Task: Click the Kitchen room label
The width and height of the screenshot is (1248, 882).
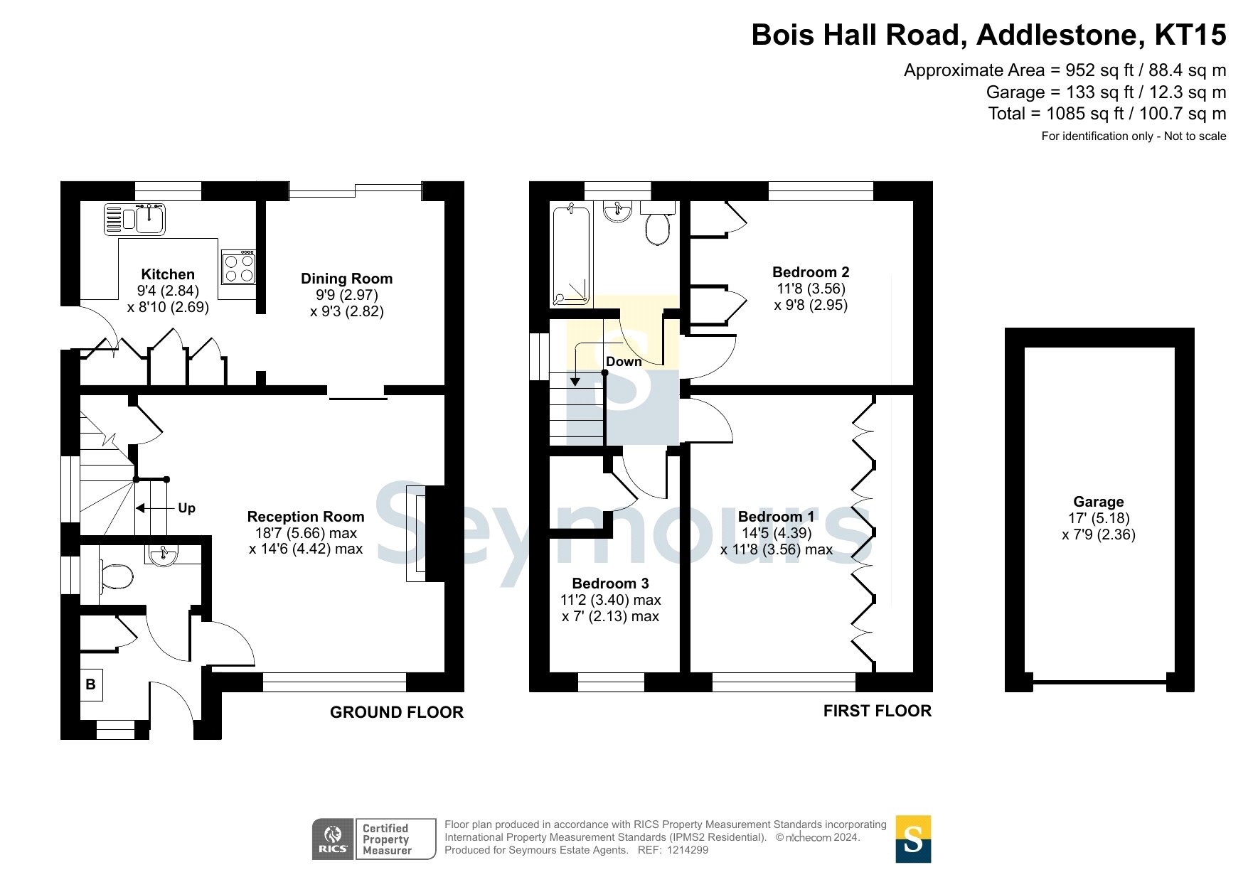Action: click(168, 274)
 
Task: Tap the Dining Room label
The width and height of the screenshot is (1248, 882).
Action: click(346, 279)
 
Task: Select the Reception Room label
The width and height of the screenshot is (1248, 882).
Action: click(306, 517)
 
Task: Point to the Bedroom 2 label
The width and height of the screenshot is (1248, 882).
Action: click(811, 272)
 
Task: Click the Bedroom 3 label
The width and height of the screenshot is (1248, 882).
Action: click(610, 583)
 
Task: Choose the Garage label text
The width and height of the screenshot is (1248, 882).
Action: click(1099, 502)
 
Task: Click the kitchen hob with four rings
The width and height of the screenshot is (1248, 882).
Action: click(238, 267)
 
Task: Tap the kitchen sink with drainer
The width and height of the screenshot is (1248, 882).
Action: click(134, 219)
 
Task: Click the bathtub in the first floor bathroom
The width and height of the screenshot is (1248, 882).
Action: click(571, 255)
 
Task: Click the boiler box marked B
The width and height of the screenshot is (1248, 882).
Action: click(91, 685)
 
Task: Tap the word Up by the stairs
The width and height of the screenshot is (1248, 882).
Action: click(186, 508)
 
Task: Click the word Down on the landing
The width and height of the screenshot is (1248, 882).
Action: click(624, 361)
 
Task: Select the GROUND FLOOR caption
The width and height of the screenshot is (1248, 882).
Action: click(397, 712)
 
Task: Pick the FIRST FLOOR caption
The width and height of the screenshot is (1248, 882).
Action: click(878, 711)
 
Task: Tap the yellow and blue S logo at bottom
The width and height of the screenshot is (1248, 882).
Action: click(913, 839)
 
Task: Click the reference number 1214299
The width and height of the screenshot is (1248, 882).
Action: click(687, 850)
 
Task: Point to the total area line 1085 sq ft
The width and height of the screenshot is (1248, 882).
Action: click(1107, 114)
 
